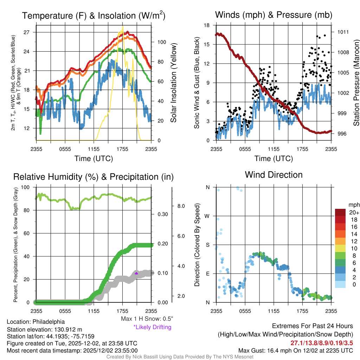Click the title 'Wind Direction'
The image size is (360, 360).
(x=274, y=175)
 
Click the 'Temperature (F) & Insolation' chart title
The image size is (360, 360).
(x=94, y=16)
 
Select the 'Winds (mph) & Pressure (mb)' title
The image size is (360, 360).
(x=274, y=15)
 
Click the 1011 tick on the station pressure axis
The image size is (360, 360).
(x=343, y=32)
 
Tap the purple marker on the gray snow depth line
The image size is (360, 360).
(x=136, y=273)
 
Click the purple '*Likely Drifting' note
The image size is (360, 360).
(x=152, y=327)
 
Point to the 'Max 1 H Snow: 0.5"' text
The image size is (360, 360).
(x=147, y=319)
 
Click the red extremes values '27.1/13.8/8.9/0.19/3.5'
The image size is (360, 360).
(x=322, y=343)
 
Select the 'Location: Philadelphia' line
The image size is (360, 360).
(x=36, y=322)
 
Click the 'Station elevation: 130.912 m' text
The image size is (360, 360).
(x=44, y=329)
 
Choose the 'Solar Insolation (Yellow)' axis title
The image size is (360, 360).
(x=173, y=83)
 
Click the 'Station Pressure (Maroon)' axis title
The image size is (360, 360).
(x=356, y=83)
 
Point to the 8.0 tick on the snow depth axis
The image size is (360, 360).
(x=181, y=206)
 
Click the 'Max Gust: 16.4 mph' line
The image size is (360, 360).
(x=296, y=351)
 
